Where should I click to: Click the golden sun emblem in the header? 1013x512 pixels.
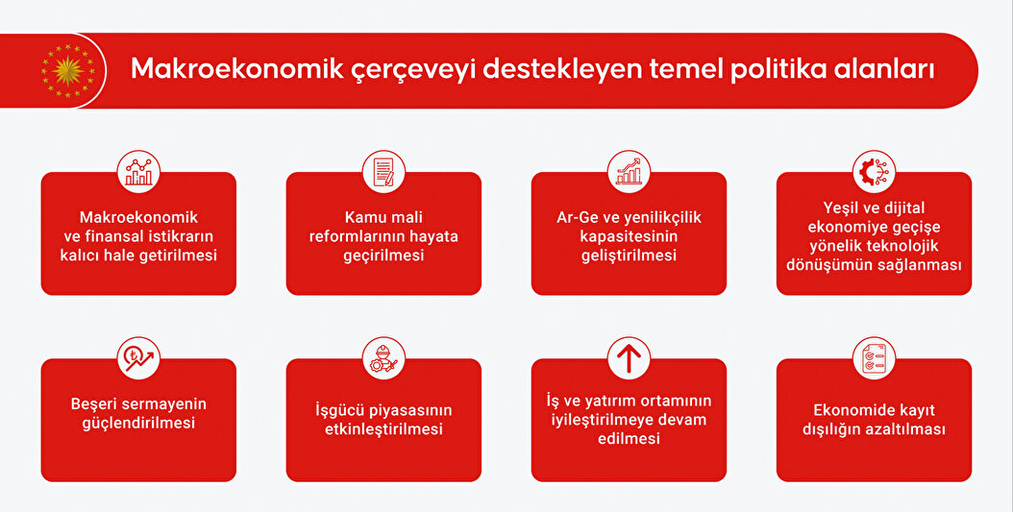coord(68,70)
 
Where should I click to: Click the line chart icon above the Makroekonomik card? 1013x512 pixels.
coord(139,172)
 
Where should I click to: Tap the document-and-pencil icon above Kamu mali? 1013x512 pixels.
coord(383,172)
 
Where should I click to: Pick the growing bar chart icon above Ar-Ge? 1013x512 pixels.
coord(629,172)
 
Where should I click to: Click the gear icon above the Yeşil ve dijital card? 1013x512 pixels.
coord(874,172)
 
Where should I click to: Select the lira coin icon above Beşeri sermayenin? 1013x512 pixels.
coord(139,358)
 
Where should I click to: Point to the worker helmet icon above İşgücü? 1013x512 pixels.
coord(383,358)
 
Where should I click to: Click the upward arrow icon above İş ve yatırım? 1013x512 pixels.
coord(629,358)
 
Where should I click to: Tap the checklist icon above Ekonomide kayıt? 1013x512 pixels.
coord(874,358)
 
